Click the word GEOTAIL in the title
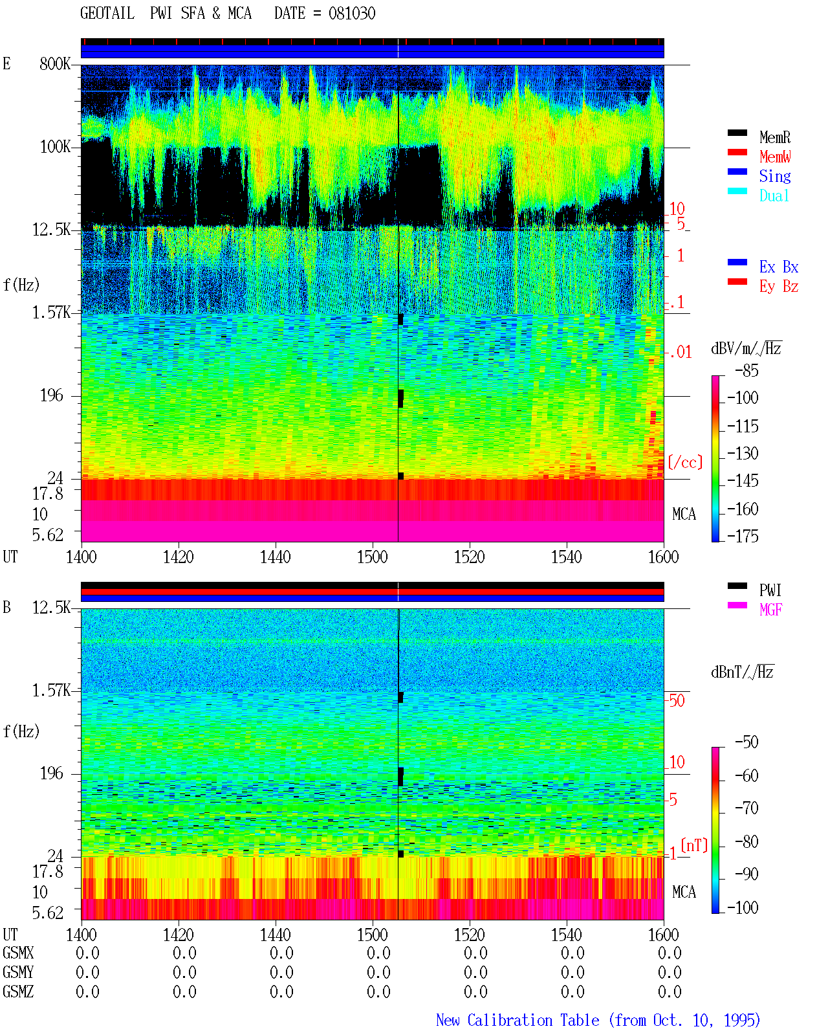pyautogui.click(x=107, y=14)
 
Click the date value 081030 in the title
pyautogui.click(x=351, y=14)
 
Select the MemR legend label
pyautogui.click(x=774, y=137)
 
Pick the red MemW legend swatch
pyautogui.click(x=737, y=152)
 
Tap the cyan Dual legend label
pyautogui.click(x=774, y=196)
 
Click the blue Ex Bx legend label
pyautogui.click(x=778, y=267)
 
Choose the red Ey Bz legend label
pyautogui.click(x=778, y=287)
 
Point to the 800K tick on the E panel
pyautogui.click(x=55, y=63)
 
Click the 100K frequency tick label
pyautogui.click(x=55, y=147)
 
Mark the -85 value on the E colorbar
pyautogui.click(x=746, y=371)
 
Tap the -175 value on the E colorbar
pyautogui.click(x=743, y=536)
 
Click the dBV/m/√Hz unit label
pyautogui.click(x=746, y=348)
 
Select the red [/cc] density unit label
pyautogui.click(x=685, y=462)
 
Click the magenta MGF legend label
pyautogui.click(x=770, y=610)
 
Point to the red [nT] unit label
pyautogui.click(x=694, y=845)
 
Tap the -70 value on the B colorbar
pyautogui.click(x=746, y=808)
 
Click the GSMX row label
pyautogui.click(x=18, y=953)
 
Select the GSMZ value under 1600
pyautogui.click(x=670, y=992)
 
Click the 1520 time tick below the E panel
pyautogui.click(x=470, y=557)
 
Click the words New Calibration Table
pyautogui.click(x=517, y=1020)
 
